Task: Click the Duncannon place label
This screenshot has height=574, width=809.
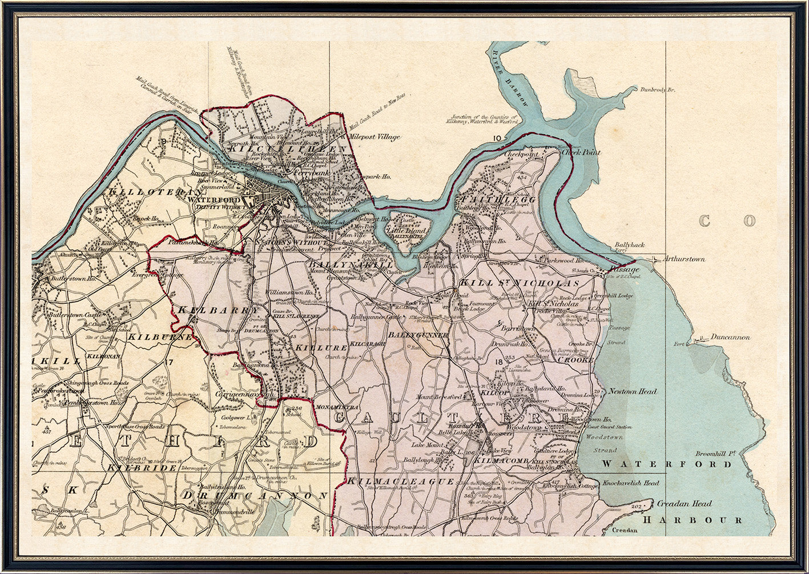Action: point(730,338)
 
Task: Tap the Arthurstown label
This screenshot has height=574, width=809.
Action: point(683,259)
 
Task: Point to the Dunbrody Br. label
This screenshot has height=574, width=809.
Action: point(658,90)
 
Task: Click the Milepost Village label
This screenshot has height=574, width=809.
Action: point(375,137)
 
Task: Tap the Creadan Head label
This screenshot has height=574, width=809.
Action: point(684,504)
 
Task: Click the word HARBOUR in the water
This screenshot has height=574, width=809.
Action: point(693,520)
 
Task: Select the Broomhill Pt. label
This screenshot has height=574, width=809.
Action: point(714,454)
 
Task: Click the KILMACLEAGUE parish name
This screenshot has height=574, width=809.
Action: point(401,481)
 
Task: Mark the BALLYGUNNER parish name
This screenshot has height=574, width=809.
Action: point(418,335)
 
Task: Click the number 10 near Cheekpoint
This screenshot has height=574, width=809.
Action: point(497,138)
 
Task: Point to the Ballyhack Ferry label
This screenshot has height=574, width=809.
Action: point(629,248)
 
